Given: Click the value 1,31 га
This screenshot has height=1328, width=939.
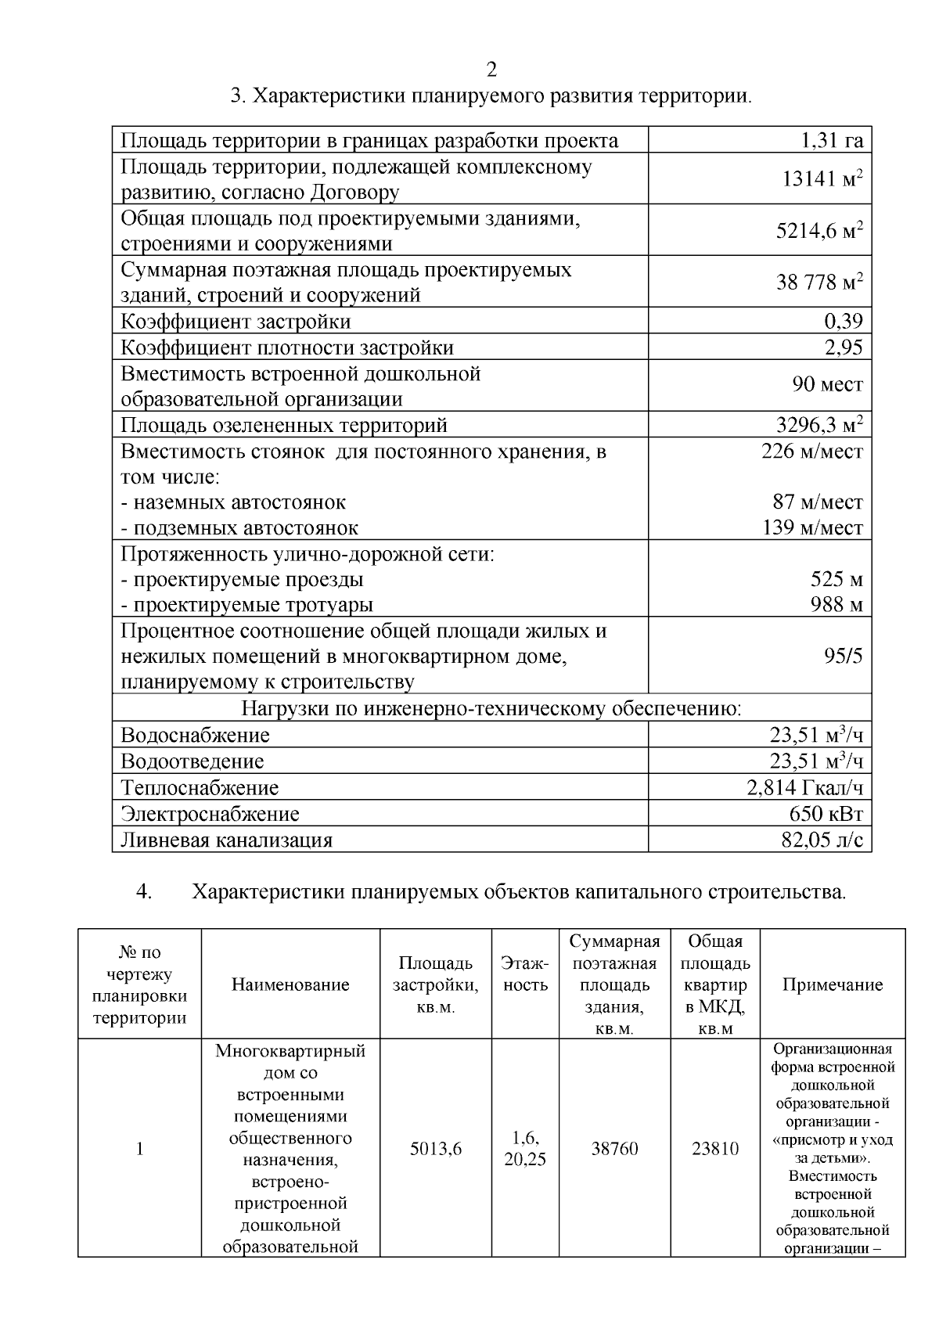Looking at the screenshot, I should point(831,140).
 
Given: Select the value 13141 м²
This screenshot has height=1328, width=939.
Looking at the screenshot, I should point(822,179).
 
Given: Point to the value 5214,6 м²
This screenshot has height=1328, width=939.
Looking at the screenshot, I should point(819,231).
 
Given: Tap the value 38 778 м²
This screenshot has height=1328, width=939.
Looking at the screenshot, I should point(819,283).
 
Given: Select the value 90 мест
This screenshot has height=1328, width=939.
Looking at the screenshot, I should point(827,385).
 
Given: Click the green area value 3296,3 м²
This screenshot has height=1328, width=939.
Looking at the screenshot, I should point(819,425).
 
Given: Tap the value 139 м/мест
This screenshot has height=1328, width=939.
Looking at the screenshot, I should point(813,527).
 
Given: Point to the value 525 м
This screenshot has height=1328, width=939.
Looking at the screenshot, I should point(836,580).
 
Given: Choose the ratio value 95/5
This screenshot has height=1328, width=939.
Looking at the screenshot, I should point(843,656).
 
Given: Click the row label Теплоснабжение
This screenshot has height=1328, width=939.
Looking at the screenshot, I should point(200,788).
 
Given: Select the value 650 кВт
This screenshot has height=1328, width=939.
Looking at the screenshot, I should point(826,814).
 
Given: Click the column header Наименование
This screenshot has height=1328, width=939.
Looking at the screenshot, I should point(290,985).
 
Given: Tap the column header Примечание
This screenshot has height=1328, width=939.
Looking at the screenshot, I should point(833,985).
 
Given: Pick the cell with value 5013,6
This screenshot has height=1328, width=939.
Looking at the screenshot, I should point(436,1149).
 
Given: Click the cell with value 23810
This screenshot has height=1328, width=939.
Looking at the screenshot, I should point(715,1149).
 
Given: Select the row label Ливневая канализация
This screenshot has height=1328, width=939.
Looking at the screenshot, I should point(226,840).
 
